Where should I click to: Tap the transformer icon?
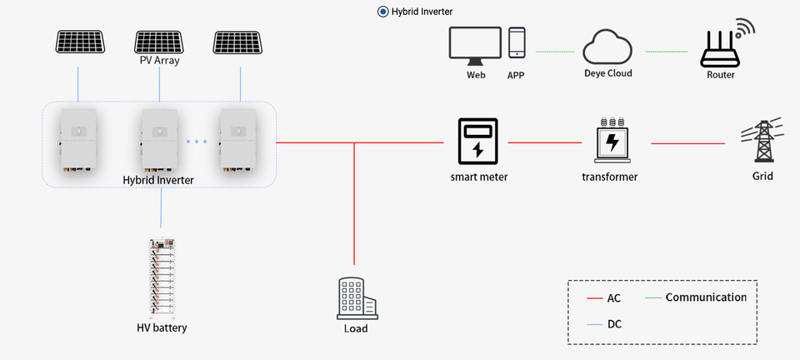[x=612, y=141]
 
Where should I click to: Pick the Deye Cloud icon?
[x=607, y=47]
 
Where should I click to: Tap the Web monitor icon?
[x=475, y=46]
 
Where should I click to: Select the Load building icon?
[x=356, y=297]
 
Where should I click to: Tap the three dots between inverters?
[x=197, y=142]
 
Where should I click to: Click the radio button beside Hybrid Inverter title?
[x=382, y=12]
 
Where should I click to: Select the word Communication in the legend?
[x=706, y=297]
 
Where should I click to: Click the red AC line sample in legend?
[x=594, y=298]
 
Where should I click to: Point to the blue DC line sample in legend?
[x=594, y=324]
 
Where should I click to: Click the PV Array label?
[x=159, y=61]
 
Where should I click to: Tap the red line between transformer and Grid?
[x=687, y=143]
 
